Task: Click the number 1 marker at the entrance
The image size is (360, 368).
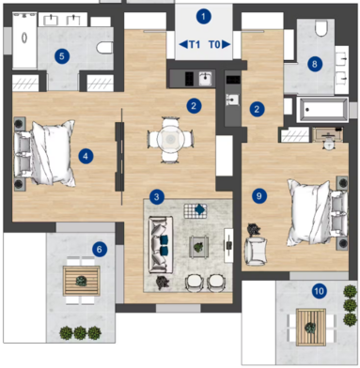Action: point(204,17)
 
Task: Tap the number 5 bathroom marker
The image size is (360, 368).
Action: point(62,56)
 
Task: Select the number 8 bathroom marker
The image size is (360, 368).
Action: point(315,64)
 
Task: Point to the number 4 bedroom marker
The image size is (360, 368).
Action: point(86,156)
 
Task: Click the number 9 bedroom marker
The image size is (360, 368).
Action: point(259,196)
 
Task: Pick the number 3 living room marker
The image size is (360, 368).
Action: point(156,197)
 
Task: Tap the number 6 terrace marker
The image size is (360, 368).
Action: point(100,250)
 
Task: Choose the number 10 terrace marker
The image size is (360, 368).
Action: point(319,291)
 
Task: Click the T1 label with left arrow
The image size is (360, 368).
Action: point(190,45)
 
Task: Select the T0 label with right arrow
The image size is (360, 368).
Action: point(219,45)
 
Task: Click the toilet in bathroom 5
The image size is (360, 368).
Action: point(104,48)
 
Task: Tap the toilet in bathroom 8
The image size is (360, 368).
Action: point(321,28)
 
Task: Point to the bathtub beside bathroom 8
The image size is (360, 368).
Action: point(322,110)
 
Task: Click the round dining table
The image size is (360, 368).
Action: point(170,139)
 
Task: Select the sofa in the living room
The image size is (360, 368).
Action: point(161,244)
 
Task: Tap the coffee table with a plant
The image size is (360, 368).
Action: point(199,247)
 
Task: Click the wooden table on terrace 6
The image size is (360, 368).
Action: point(82,281)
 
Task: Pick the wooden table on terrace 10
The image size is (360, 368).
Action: point(311,327)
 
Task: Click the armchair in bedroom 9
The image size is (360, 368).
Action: point(257,251)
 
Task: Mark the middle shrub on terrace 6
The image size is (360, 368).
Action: point(80,332)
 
